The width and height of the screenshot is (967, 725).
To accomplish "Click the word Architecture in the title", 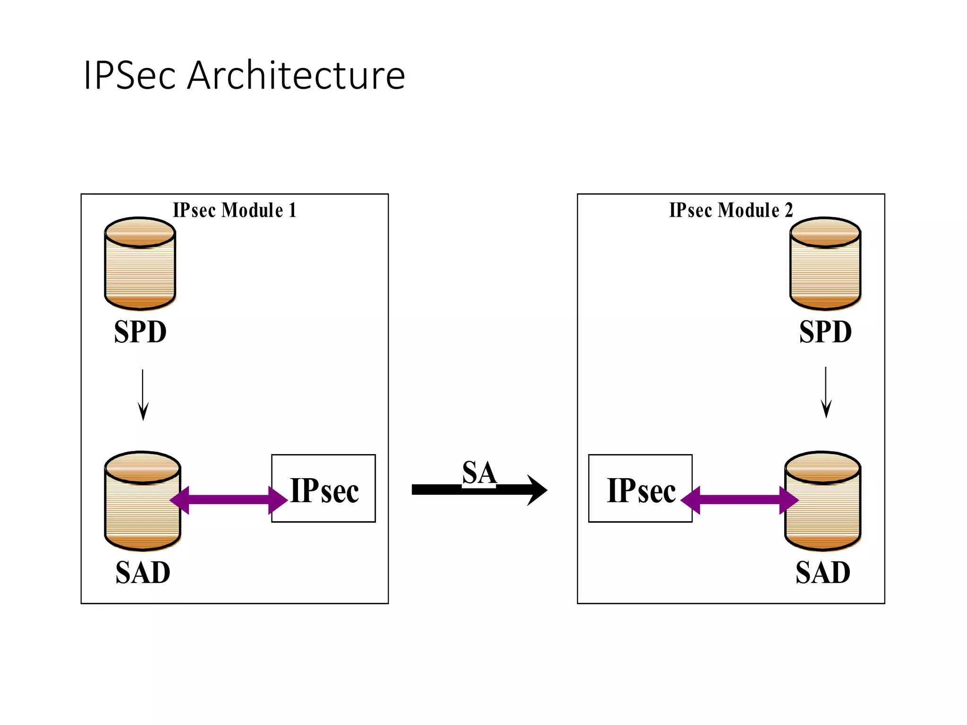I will pos(296,76).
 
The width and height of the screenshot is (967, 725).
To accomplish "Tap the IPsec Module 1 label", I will pos(235,210).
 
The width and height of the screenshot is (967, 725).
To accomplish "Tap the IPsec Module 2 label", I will pos(731,210).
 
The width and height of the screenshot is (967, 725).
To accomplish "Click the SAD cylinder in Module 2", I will pos(823,519).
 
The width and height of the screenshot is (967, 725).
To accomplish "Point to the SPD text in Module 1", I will pos(140,332).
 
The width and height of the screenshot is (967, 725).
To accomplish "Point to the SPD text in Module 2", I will pos(825,332).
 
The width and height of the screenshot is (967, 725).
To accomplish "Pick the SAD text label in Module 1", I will pos(143,573).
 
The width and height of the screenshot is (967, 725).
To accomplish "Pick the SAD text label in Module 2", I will pos(823,573).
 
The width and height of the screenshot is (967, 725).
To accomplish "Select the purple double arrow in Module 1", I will pos(229,500).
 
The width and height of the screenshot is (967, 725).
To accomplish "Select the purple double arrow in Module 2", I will pos(739,500).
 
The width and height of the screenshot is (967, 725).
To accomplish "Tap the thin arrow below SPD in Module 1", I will pos(143,395).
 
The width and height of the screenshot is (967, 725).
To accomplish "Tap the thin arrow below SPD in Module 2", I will pos(826,392).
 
